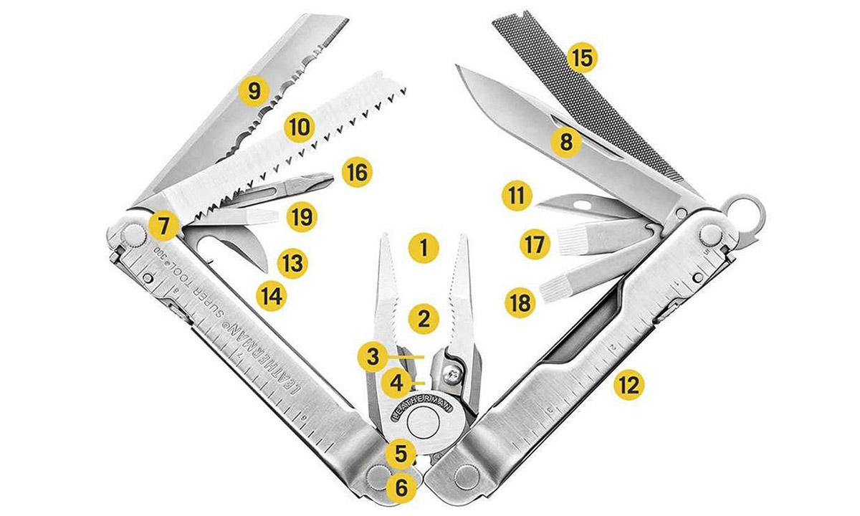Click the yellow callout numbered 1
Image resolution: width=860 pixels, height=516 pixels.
tap(423, 249)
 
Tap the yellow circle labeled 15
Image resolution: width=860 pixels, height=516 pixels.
tap(581, 58)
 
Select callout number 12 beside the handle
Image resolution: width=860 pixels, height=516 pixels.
tap(629, 385)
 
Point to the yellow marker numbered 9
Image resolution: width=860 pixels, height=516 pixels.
tap(254, 91)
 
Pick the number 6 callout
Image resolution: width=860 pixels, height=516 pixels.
tap(401, 488)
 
